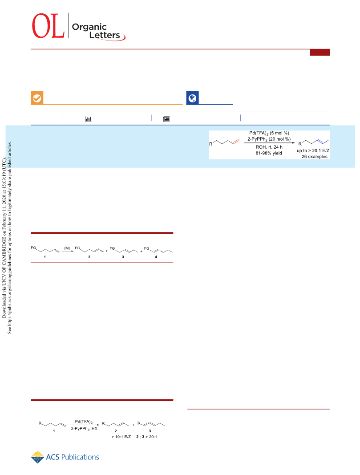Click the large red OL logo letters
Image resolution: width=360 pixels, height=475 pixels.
pos(48,26)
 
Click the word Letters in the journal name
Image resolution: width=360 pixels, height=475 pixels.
pos(105,35)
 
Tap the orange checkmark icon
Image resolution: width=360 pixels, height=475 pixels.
pos(37,98)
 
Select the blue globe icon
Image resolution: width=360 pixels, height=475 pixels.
pos(193,98)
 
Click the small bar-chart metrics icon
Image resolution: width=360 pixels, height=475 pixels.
pos(88,119)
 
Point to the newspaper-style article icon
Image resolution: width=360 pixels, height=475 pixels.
pos(166,119)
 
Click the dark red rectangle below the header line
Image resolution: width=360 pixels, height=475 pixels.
pos(320,53)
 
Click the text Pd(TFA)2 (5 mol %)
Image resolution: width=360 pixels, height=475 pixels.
pos(269,133)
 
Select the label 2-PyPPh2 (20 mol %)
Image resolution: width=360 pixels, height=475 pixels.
pos(269,139)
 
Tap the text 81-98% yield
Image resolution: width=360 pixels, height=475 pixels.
pos(269,153)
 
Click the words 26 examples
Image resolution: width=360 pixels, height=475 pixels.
pos(314,157)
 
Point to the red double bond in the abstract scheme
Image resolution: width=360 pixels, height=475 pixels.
pos(236,141)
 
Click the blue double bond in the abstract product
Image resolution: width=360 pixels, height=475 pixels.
pos(320,141)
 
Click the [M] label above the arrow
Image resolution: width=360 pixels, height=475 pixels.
pos(67,248)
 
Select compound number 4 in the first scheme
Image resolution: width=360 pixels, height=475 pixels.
pos(156,257)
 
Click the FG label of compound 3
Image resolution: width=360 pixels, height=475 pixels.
pos(112,248)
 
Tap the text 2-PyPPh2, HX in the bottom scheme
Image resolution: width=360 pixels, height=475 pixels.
pos(84,429)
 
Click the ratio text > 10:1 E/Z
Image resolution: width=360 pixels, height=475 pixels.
pos(121,437)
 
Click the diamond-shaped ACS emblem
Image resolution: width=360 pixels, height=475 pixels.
pos(37,457)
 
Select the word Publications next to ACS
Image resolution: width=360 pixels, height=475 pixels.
pos(80,457)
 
